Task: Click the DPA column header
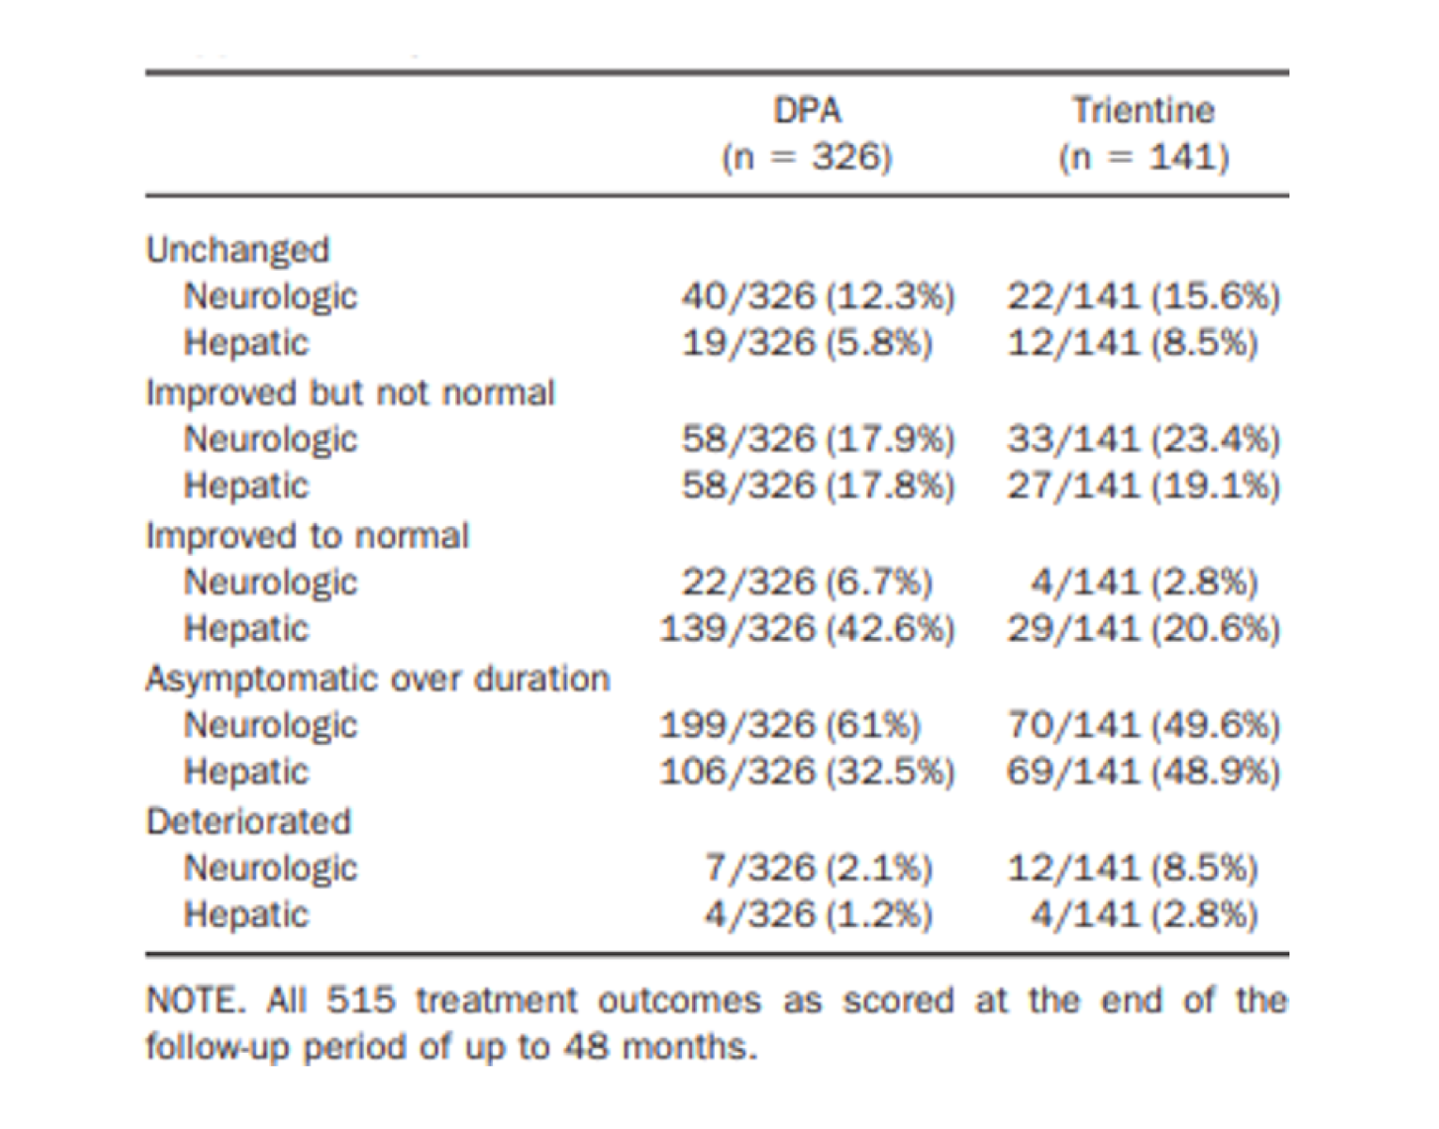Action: point(807,111)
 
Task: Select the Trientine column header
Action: point(1143,111)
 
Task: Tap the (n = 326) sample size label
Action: point(806,157)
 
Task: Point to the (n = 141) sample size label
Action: point(1144,157)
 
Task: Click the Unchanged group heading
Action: point(238,250)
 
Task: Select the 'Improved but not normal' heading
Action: point(350,393)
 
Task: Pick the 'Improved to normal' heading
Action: point(307,536)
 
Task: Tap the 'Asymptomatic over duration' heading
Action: point(377,679)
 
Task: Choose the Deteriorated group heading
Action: point(248,822)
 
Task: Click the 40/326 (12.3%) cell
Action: point(817,296)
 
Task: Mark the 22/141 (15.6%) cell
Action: point(1143,296)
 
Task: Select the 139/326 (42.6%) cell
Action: point(807,628)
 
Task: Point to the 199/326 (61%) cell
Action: point(789,725)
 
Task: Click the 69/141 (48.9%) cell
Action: point(1143,772)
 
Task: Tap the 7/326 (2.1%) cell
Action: point(817,868)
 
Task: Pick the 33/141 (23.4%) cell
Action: point(1143,439)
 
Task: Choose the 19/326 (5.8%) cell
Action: point(806,343)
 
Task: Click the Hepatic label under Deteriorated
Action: point(245,915)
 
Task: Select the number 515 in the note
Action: point(360,1000)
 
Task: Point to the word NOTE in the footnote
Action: point(194,1000)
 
